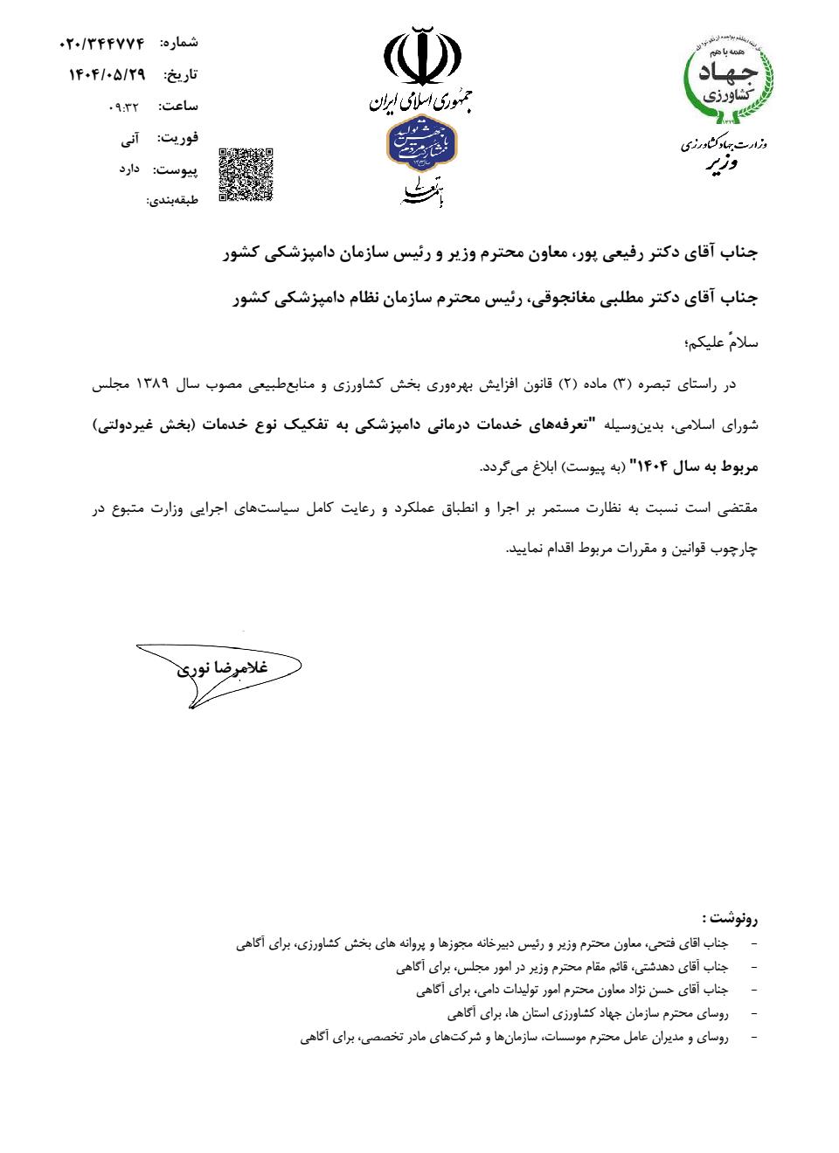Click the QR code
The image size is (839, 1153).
pyautogui.click(x=246, y=175)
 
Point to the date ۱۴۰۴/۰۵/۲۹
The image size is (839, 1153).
pyautogui.click(x=107, y=74)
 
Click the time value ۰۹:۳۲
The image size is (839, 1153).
pyautogui.click(x=123, y=107)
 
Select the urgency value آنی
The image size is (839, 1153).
pyautogui.click(x=128, y=138)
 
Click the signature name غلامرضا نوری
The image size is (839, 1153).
pyautogui.click(x=223, y=668)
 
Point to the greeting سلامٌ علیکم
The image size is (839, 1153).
pyautogui.click(x=722, y=343)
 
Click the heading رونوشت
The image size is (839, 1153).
pyautogui.click(x=729, y=918)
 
